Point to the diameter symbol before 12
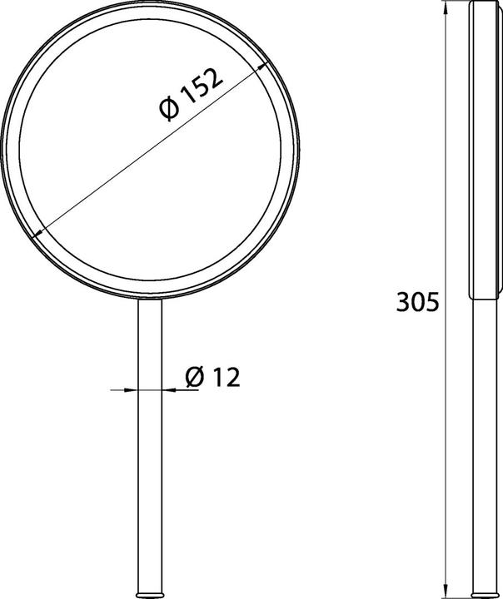coord(193,378)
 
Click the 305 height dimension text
coord(416,303)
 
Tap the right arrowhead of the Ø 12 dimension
coord(167,389)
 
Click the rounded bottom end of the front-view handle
coord(151,592)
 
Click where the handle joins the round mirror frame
coord(151,299)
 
